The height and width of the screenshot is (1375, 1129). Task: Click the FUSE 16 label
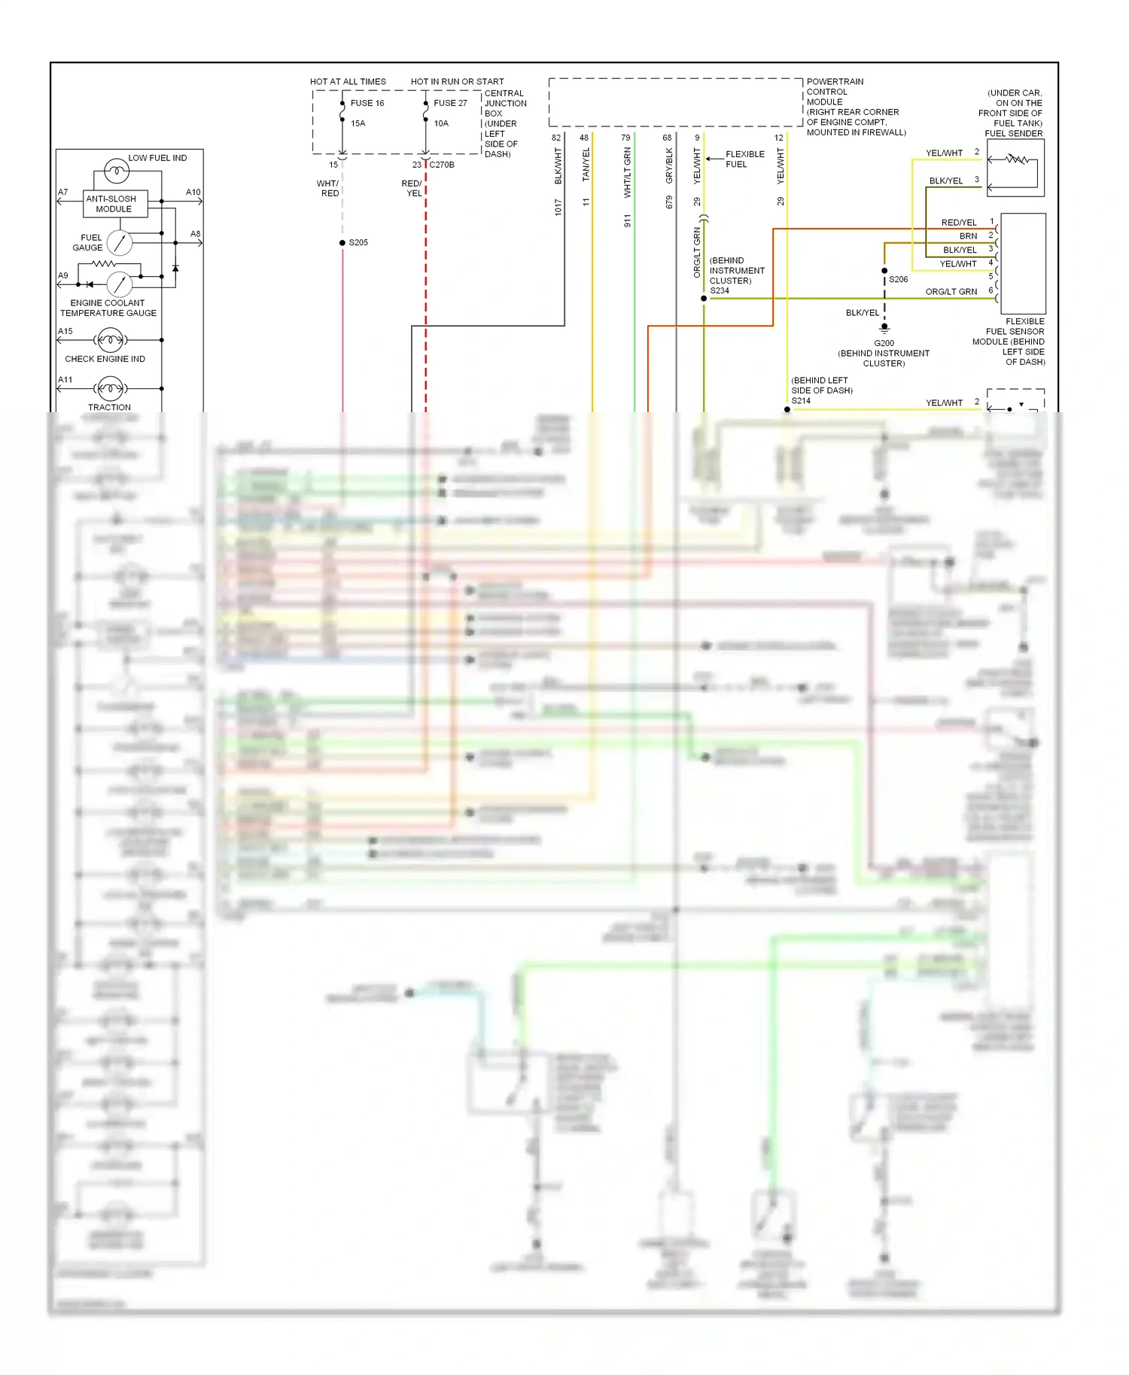[367, 103]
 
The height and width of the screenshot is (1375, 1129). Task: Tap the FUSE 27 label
[450, 103]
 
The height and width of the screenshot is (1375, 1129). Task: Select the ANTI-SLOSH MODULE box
[115, 204]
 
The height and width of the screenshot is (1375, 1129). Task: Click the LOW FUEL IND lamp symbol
[117, 171]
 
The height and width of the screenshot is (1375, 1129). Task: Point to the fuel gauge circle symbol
[120, 242]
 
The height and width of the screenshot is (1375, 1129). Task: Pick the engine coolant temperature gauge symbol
[120, 284]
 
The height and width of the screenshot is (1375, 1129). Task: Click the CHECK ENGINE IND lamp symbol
[111, 341]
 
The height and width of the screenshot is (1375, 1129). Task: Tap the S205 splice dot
[342, 243]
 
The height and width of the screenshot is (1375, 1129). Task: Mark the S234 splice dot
[704, 299]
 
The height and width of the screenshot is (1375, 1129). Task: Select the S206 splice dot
[884, 271]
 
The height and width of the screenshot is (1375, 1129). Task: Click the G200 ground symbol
[884, 328]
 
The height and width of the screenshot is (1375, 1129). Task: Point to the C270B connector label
[442, 165]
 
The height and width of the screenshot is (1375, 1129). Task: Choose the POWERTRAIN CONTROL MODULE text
[835, 92]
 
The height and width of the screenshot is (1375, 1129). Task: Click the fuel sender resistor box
[1015, 168]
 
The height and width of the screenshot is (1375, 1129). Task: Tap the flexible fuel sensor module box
[1023, 263]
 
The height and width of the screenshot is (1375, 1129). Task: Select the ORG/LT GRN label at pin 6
[951, 292]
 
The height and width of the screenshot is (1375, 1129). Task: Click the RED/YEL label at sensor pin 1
[959, 223]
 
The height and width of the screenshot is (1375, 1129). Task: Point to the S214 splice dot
[787, 410]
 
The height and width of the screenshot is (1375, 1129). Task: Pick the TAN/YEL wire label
[586, 165]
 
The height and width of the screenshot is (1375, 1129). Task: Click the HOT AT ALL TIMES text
[348, 82]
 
